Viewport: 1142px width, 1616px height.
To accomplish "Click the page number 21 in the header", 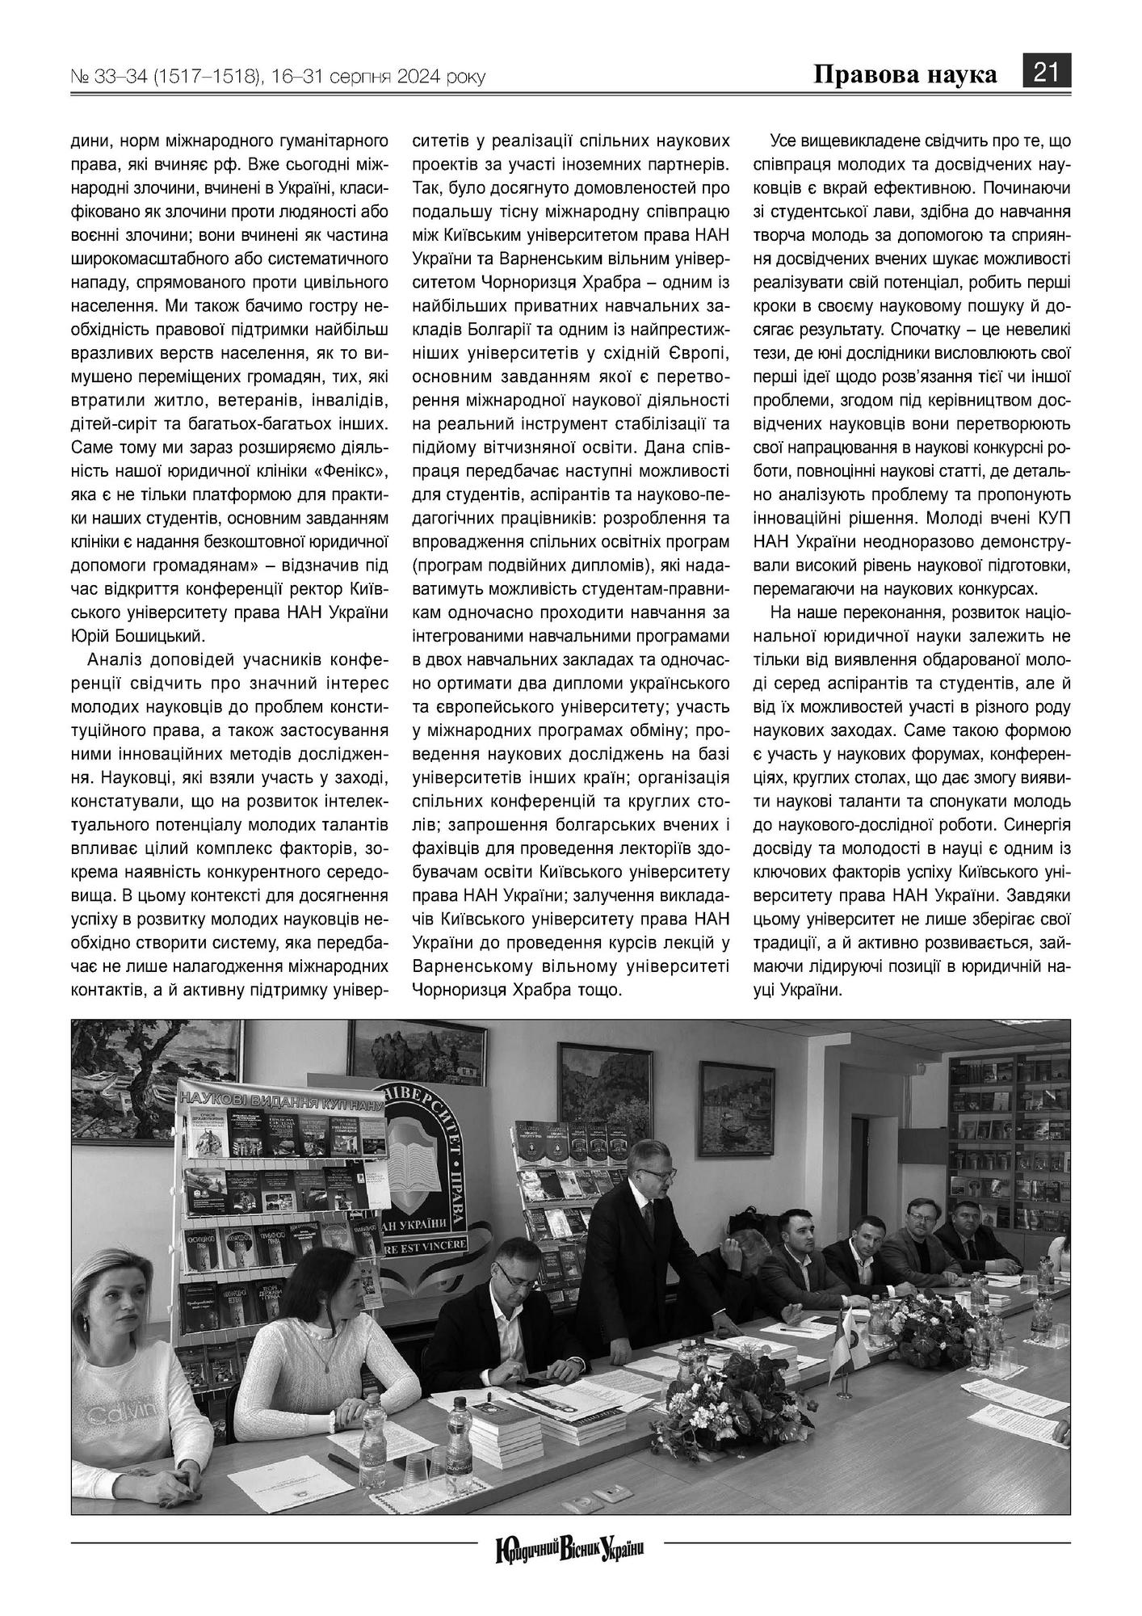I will coord(1048,73).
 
